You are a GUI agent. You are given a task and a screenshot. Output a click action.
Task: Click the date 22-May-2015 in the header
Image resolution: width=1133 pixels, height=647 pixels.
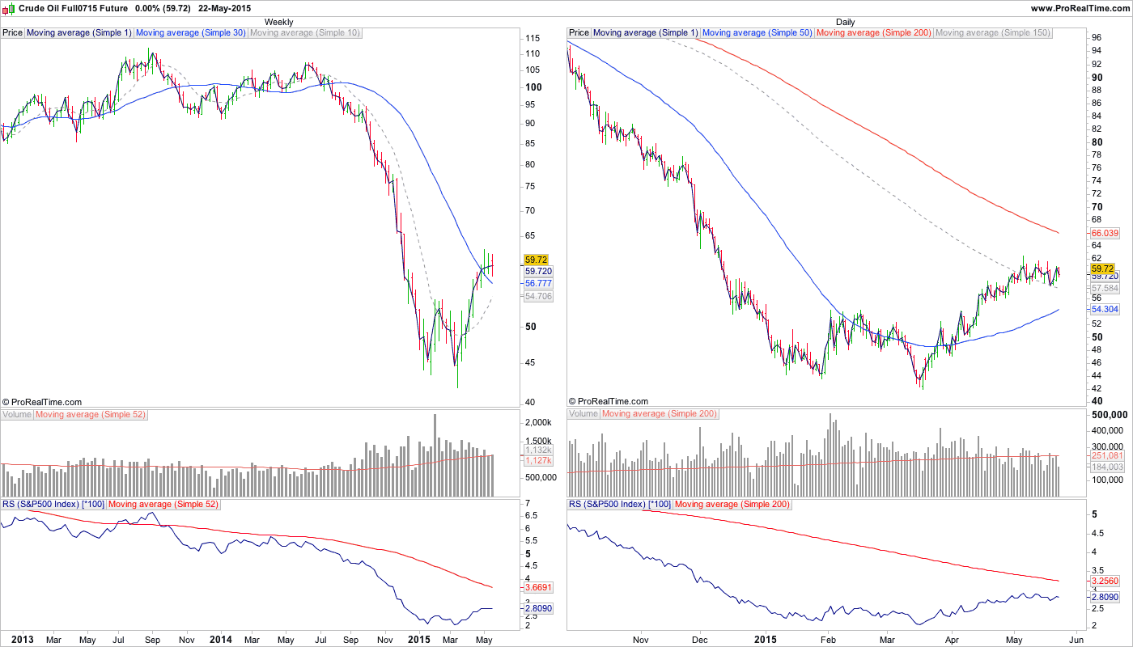(x=224, y=8)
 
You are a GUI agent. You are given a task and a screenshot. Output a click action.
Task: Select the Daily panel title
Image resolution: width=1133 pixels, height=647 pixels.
(x=845, y=22)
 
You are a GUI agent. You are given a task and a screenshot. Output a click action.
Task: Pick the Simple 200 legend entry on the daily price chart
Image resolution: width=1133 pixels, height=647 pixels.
(x=873, y=33)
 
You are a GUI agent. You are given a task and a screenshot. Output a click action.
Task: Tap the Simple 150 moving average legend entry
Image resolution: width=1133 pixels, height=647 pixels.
(x=992, y=33)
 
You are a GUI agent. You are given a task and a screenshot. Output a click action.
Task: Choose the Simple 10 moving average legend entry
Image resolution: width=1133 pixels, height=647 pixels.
(x=305, y=33)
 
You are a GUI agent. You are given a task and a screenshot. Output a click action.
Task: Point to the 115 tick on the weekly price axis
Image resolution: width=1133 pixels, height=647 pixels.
(x=533, y=39)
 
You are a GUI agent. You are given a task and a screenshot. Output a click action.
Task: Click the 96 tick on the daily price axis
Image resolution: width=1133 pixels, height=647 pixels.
(x=1097, y=38)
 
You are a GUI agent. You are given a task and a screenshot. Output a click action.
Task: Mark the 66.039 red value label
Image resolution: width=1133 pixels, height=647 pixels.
(x=1105, y=232)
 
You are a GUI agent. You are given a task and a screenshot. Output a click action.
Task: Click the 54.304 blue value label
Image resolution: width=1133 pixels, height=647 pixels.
(x=1105, y=310)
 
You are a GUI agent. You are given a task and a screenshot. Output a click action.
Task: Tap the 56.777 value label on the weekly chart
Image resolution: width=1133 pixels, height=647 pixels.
(x=538, y=284)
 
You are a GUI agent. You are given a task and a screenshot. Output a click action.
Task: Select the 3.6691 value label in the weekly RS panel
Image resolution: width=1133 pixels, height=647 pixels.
(x=538, y=586)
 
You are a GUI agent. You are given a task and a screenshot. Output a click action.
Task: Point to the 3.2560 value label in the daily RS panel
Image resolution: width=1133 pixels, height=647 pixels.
(x=1105, y=581)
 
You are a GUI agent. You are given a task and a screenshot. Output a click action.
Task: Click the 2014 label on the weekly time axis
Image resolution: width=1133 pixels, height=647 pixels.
(x=220, y=640)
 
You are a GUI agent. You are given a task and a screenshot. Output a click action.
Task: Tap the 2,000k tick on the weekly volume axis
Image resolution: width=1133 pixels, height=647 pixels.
(x=538, y=423)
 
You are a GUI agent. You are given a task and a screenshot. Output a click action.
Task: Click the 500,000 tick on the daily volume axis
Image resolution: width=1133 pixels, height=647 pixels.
(x=1108, y=414)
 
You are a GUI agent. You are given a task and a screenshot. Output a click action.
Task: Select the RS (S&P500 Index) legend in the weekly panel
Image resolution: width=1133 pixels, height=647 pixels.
(x=53, y=505)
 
